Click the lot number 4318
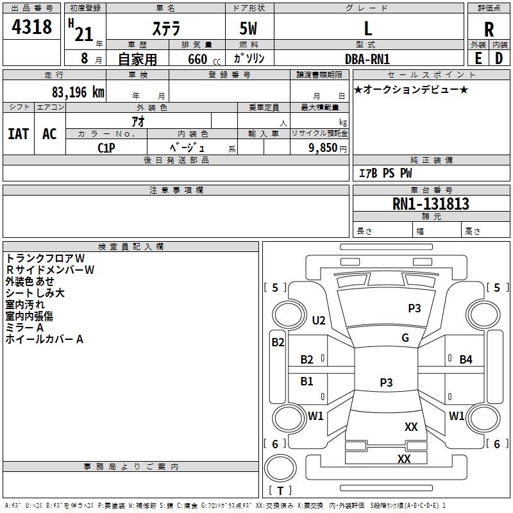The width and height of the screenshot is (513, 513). [x=31, y=27]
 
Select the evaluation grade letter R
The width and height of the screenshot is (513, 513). [x=489, y=29]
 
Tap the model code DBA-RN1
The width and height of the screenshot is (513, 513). [x=367, y=59]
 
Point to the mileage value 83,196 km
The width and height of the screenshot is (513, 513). [x=78, y=92]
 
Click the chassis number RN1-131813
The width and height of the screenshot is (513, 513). [x=430, y=203]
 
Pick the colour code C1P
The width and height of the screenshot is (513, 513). [x=106, y=148]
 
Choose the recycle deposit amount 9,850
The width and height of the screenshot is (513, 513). [x=323, y=147]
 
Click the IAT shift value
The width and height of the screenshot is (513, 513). [x=19, y=134]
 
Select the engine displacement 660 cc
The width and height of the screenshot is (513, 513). [x=204, y=59]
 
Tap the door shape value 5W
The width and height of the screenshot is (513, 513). [x=248, y=28]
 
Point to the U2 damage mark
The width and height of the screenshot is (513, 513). [x=319, y=320]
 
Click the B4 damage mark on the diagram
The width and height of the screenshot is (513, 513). [x=466, y=360]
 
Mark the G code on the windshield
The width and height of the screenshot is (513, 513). [x=405, y=338]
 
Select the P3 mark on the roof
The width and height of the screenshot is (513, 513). [x=386, y=382]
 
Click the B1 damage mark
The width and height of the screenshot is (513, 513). [x=307, y=381]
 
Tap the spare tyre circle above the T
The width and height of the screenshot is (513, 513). [x=280, y=468]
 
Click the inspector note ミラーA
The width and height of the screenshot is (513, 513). [x=24, y=328]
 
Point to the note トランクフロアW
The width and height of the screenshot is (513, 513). [x=45, y=258]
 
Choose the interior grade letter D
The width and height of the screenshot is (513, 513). [x=499, y=58]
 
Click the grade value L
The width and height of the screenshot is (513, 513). [x=368, y=28]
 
